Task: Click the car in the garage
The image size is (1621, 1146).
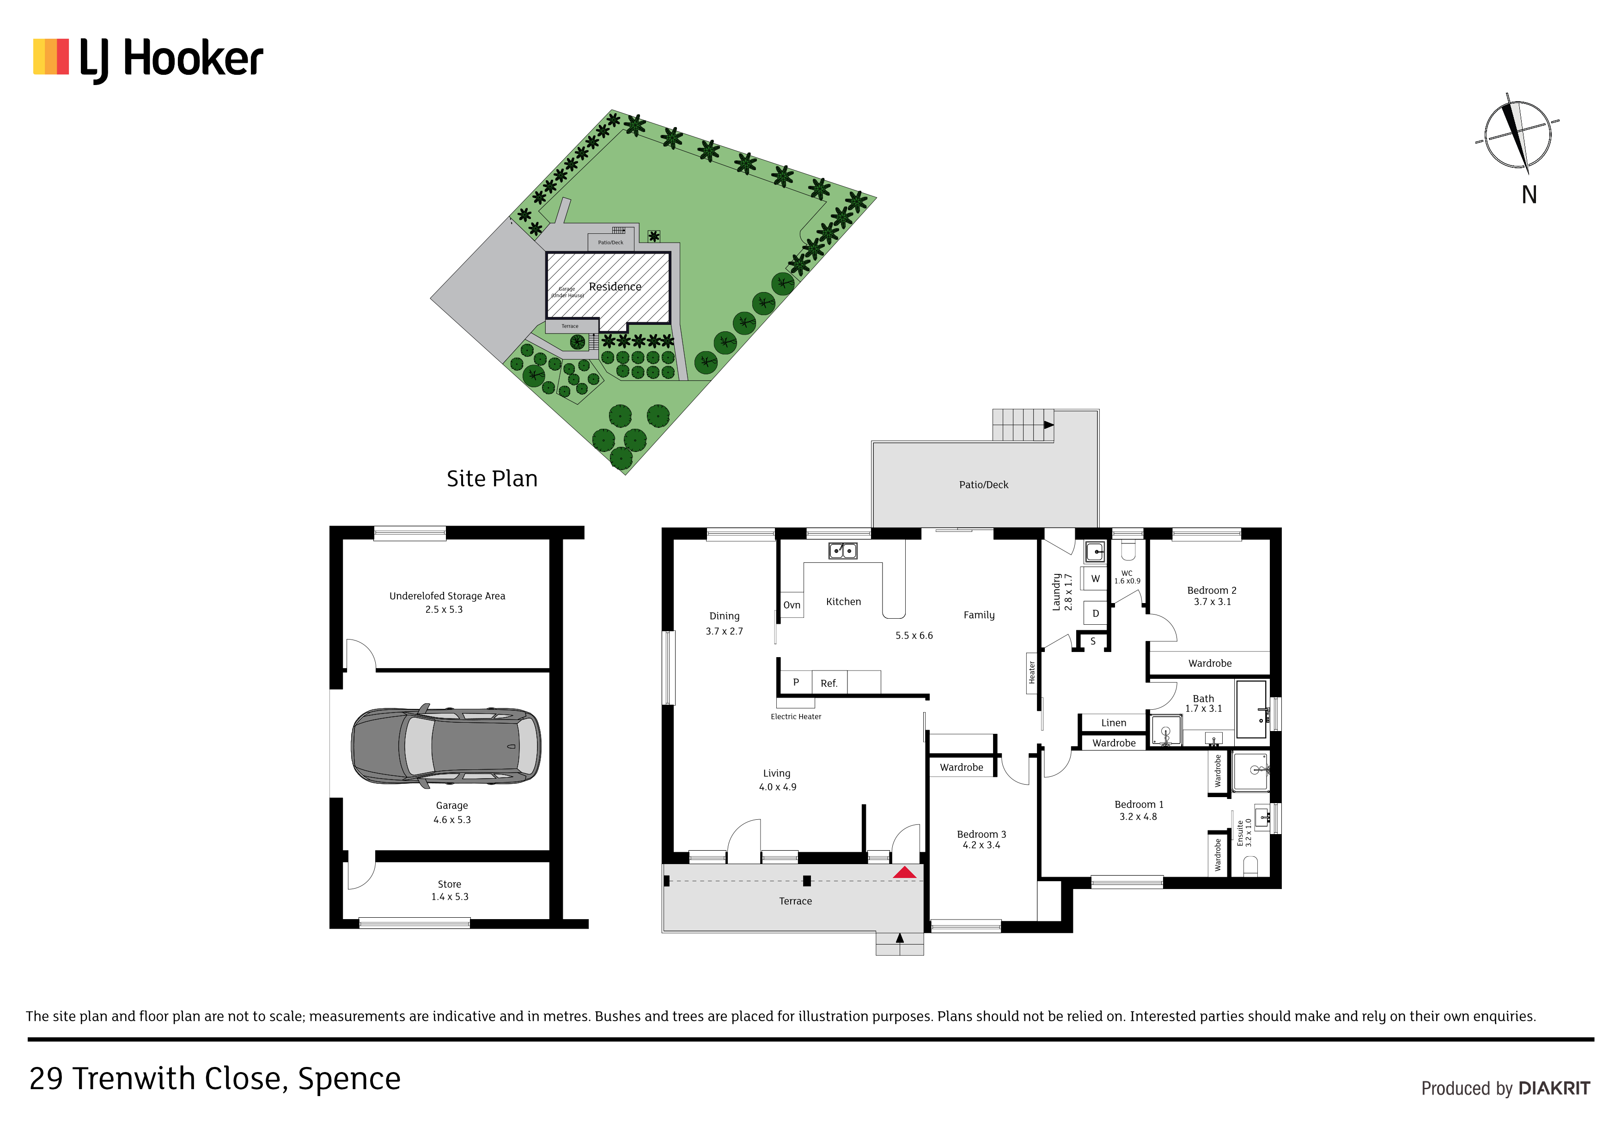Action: click(446, 746)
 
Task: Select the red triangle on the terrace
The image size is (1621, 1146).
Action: click(904, 873)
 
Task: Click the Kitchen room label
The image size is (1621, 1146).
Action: click(844, 602)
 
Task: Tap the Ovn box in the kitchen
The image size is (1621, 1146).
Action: click(792, 605)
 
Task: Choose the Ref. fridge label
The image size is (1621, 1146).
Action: click(829, 683)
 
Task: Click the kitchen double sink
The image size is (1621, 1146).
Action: click(843, 551)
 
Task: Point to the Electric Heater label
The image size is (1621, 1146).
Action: click(796, 717)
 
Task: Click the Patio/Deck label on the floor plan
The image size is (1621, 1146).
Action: click(983, 485)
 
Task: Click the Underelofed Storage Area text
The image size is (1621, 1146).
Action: click(447, 596)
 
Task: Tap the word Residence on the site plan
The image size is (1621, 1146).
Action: click(615, 286)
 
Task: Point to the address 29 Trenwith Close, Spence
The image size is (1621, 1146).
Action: click(214, 1079)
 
